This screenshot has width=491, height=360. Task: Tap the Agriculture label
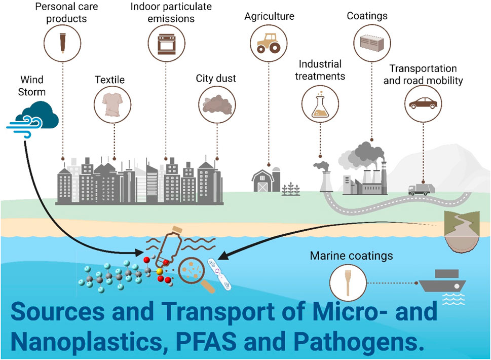coord(269,16)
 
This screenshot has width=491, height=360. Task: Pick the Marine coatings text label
coord(351,256)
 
